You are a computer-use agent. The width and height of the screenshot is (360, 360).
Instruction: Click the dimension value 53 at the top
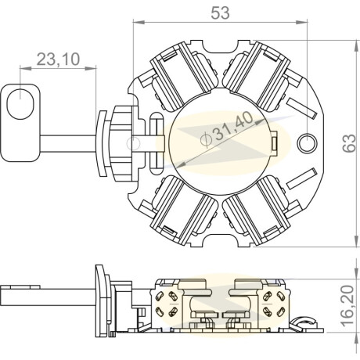click(x=220, y=13)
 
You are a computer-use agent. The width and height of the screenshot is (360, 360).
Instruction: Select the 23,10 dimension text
click(x=58, y=59)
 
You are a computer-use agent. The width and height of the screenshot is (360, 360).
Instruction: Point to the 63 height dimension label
click(x=349, y=143)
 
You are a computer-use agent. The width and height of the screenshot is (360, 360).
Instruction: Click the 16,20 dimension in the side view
click(x=347, y=306)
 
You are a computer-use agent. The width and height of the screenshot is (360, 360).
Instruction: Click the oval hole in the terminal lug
click(x=20, y=104)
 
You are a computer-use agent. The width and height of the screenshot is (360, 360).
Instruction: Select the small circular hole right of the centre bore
click(x=308, y=143)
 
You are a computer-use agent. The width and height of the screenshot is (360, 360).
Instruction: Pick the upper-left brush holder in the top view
click(x=183, y=76)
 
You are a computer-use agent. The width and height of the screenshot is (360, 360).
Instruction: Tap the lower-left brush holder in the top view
click(x=183, y=210)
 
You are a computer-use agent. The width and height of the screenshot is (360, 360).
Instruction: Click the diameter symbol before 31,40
click(x=205, y=139)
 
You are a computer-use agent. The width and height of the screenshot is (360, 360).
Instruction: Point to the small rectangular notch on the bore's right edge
click(x=274, y=143)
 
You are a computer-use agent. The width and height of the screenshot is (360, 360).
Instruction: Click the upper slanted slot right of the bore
click(x=302, y=108)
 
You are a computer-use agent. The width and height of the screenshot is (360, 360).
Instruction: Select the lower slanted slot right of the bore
click(x=302, y=178)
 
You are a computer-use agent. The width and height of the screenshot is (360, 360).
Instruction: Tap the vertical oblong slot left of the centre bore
click(x=157, y=143)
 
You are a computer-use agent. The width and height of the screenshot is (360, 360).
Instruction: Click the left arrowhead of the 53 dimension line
click(x=139, y=22)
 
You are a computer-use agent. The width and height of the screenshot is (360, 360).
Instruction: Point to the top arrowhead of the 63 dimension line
click(x=356, y=46)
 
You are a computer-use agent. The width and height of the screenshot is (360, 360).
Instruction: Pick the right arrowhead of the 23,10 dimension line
click(x=91, y=68)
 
